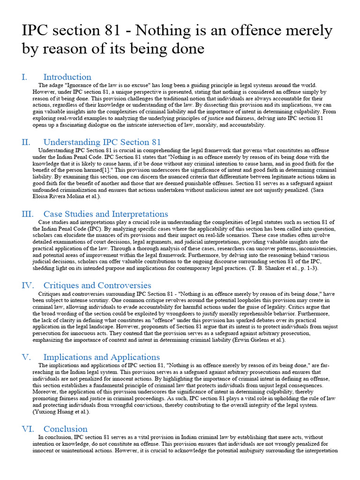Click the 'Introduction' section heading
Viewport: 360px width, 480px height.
(x=67, y=77)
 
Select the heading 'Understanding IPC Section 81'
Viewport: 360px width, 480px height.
(x=102, y=142)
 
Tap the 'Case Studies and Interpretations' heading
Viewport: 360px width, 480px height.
(x=105, y=214)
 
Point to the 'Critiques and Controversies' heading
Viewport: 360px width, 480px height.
(x=97, y=285)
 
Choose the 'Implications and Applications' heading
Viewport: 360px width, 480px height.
(x=101, y=357)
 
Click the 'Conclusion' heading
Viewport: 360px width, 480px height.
(x=65, y=428)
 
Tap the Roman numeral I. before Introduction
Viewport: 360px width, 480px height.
(x=24, y=77)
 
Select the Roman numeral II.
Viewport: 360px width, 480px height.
(x=26, y=142)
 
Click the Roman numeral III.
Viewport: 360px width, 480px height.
(x=28, y=214)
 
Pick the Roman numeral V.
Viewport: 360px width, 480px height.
(x=26, y=357)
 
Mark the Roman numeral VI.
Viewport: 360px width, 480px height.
(x=27, y=428)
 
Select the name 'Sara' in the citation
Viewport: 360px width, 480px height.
(x=324, y=190)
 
